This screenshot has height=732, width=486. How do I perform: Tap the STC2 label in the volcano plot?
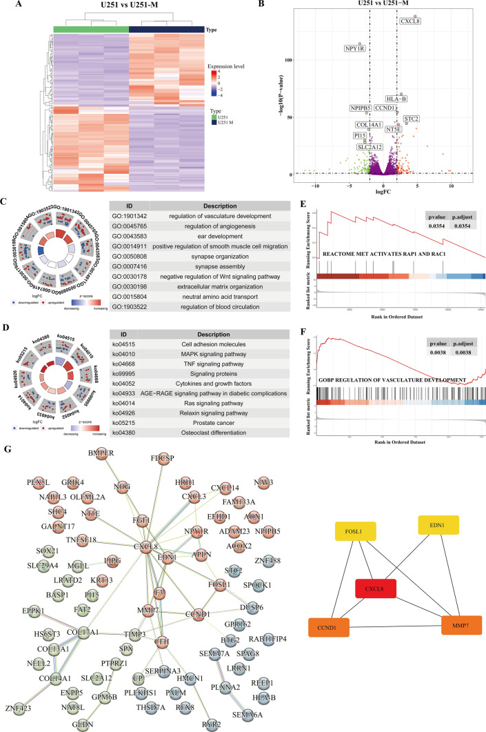click(412, 119)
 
